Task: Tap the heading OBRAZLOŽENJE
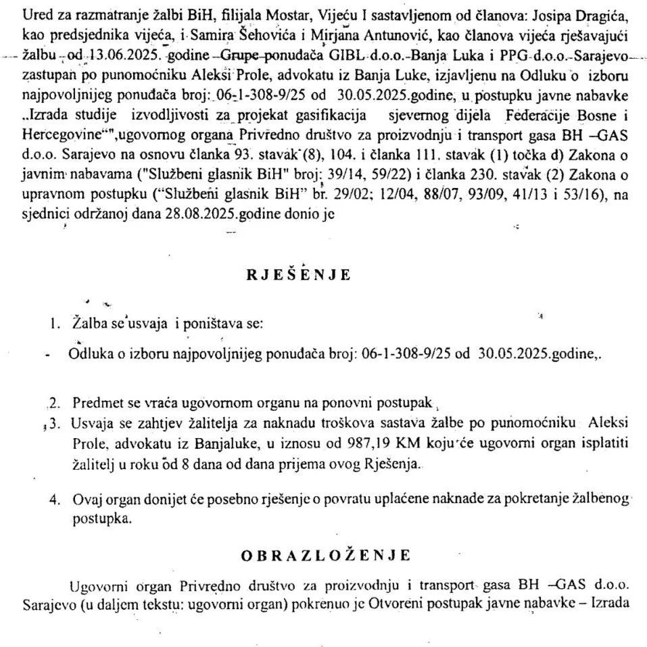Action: pos(325,556)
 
